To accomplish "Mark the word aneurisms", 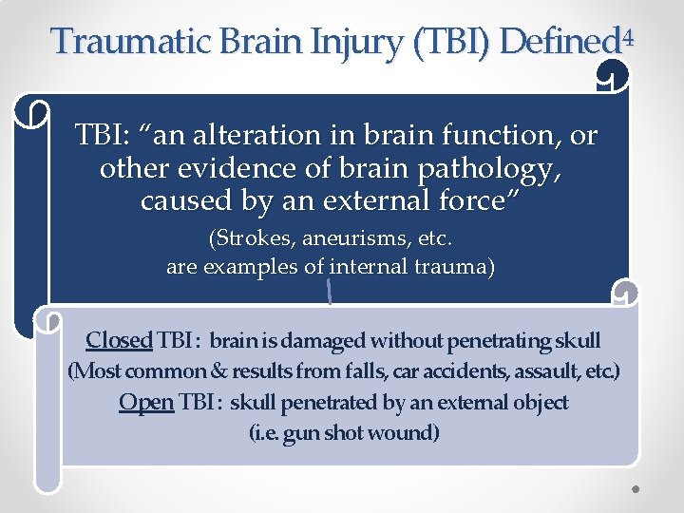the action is (351, 237).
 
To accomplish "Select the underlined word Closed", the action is (119, 340).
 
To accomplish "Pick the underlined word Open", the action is (145, 403).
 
